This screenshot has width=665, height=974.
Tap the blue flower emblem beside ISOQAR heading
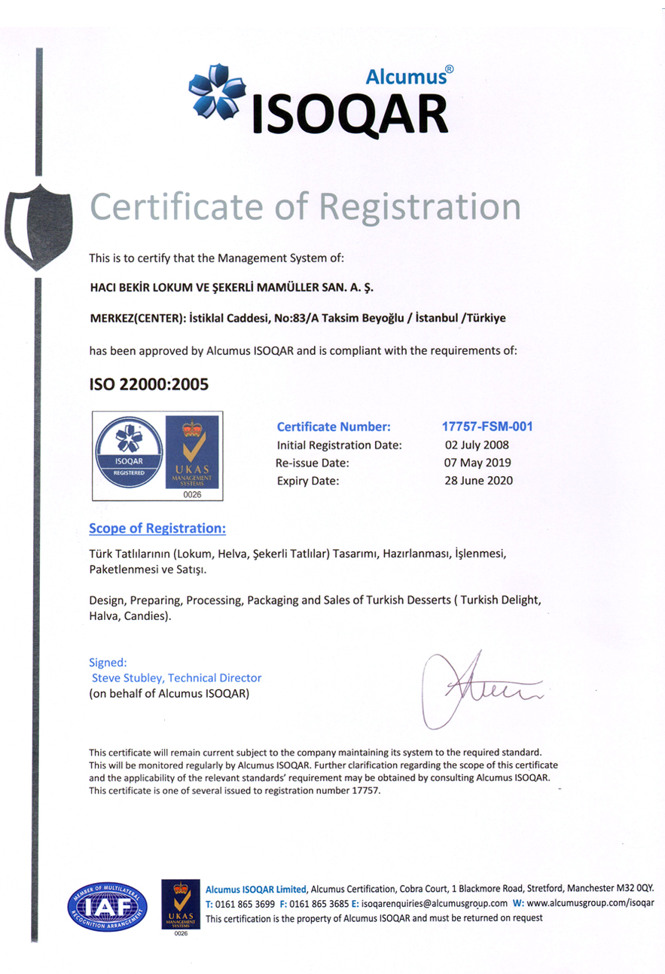pyautogui.click(x=218, y=91)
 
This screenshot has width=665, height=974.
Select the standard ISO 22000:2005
pyautogui.click(x=148, y=384)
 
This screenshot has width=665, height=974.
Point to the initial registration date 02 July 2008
pyautogui.click(x=477, y=444)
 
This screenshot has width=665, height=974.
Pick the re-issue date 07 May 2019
pyautogui.click(x=477, y=463)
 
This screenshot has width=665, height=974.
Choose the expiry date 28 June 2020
pyautogui.click(x=479, y=481)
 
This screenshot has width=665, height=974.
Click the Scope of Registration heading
pyautogui.click(x=157, y=528)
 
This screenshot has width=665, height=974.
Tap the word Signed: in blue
pyautogui.click(x=108, y=663)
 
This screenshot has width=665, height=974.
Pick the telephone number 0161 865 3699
pyautogui.click(x=246, y=903)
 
